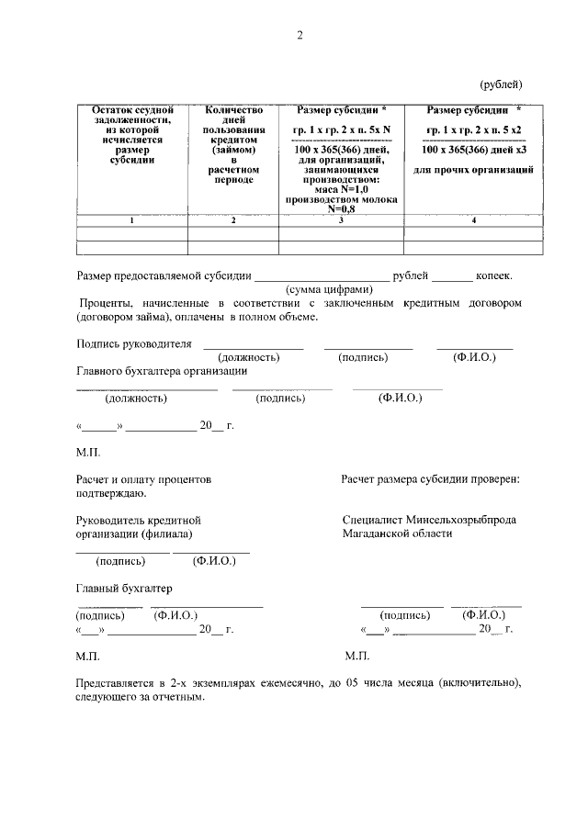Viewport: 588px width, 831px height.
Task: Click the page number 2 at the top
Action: pos(300,36)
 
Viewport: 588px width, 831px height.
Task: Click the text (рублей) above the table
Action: pos(502,84)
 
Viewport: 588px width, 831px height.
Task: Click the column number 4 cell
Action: pos(473,221)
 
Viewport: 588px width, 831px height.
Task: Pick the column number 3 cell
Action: pos(341,221)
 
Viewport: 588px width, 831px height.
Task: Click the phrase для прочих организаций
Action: pos(473,171)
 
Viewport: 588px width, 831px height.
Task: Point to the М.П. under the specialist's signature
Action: pos(357,657)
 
